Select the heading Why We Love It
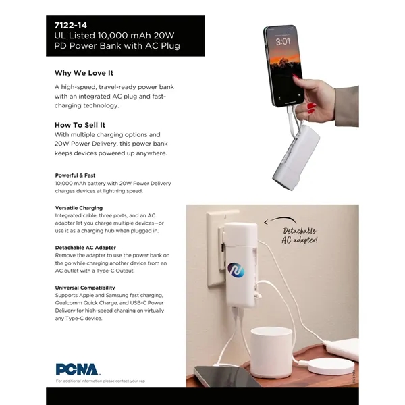[x=84, y=72]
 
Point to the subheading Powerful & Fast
[x=75, y=175]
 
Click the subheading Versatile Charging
[x=79, y=207]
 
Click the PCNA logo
[x=78, y=369]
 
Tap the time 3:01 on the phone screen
[x=283, y=42]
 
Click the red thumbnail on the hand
[x=311, y=107]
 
